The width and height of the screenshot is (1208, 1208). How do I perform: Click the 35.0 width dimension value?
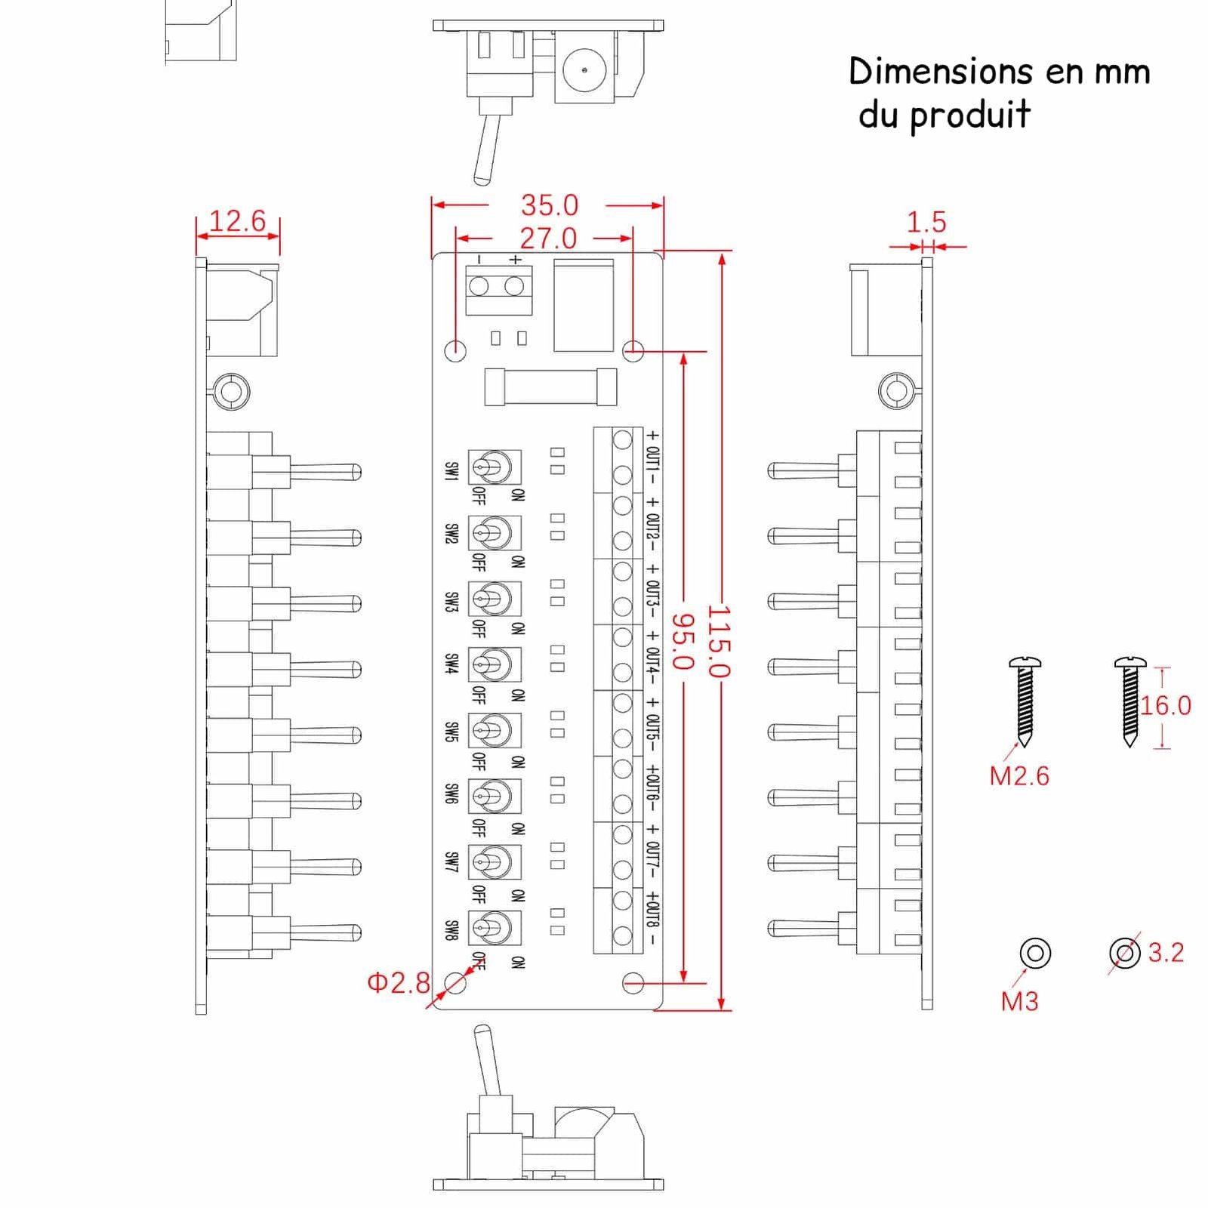[549, 205]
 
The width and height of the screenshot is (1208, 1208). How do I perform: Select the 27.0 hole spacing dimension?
[548, 239]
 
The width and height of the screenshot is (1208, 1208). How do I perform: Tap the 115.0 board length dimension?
[718, 641]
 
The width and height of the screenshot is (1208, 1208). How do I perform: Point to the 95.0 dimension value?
[682, 641]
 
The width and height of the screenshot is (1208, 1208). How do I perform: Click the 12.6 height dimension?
[237, 220]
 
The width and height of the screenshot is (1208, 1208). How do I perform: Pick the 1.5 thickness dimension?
[926, 222]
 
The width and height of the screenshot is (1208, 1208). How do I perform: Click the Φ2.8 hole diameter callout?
[398, 982]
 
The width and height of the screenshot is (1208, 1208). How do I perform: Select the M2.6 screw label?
[1018, 776]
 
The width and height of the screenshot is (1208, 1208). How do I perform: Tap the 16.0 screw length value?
[1165, 706]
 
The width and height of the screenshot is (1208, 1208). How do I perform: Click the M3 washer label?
[1019, 1001]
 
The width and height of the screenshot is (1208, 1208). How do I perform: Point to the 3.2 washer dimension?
[1166, 953]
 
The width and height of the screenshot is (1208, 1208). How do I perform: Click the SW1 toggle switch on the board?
[494, 467]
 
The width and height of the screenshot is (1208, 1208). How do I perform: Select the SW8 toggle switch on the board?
[494, 928]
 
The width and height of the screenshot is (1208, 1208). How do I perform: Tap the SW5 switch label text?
[451, 732]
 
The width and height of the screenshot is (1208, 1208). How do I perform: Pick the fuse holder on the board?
[550, 387]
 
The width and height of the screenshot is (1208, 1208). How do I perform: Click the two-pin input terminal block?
[498, 288]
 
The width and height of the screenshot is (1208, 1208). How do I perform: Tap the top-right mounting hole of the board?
[633, 350]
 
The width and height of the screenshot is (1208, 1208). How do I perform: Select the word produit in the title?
[969, 116]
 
